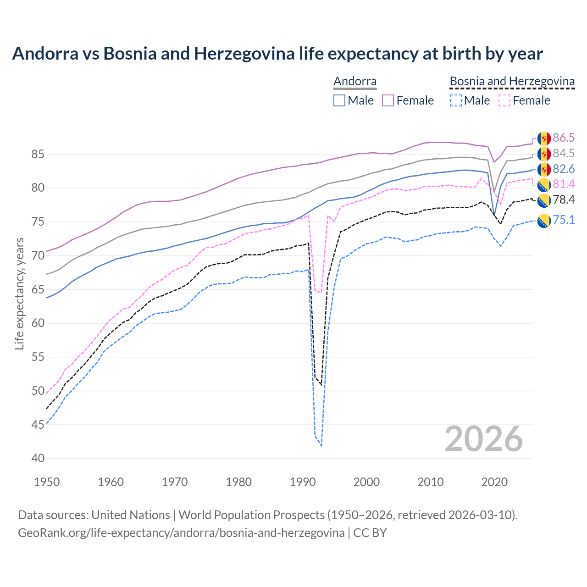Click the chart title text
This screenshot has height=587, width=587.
(x=277, y=54)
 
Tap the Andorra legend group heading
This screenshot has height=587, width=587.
(x=355, y=81)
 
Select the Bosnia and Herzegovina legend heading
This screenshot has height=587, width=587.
(x=512, y=81)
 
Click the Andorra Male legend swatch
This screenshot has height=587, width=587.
(x=339, y=100)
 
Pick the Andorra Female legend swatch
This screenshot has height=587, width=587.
(x=388, y=100)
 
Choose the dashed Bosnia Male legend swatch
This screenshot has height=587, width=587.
(x=455, y=100)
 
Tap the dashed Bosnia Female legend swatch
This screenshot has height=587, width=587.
(x=504, y=100)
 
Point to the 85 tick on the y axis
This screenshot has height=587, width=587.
(x=38, y=154)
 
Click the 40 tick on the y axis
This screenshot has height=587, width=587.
(x=38, y=458)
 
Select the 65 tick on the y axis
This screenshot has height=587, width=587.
(x=38, y=289)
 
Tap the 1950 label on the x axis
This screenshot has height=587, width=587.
(x=47, y=482)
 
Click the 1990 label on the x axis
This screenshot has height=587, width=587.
(x=303, y=482)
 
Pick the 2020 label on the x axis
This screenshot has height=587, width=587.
(x=494, y=482)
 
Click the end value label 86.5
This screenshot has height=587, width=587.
(x=564, y=138)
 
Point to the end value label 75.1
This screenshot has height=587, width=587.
(x=564, y=220)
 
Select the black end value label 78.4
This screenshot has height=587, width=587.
(x=564, y=199)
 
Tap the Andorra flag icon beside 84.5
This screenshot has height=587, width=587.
(x=544, y=154)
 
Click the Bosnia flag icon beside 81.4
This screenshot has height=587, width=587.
(x=544, y=185)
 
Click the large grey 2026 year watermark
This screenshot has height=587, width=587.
(x=484, y=439)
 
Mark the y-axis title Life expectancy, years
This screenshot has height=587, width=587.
(x=19, y=293)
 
